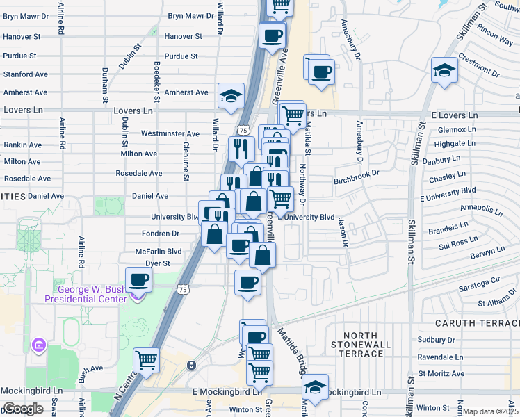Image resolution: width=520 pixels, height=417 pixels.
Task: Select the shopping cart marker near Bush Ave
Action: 147,360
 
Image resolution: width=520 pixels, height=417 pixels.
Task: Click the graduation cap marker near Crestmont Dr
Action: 444,70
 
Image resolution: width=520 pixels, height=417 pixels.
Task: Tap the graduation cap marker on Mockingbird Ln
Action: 316,387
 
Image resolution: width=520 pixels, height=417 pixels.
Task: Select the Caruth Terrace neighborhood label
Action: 478,324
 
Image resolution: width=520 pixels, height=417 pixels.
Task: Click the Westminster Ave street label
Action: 170,133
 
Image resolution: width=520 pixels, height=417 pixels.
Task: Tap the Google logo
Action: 23,409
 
